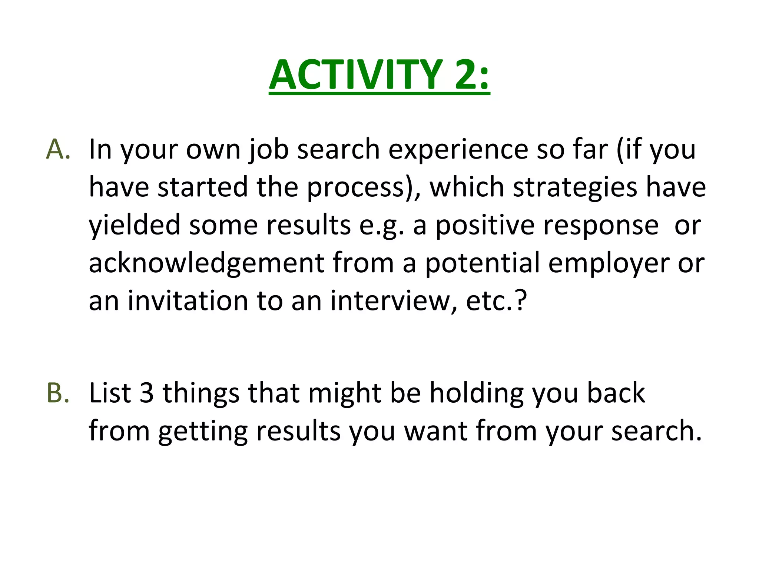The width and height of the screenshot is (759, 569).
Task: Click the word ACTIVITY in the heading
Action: click(x=355, y=75)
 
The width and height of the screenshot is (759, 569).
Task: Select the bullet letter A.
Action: click(x=57, y=149)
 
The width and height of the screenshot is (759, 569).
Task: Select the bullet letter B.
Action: click(x=57, y=393)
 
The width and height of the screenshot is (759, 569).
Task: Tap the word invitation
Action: click(x=188, y=300)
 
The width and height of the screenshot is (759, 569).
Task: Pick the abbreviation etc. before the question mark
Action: click(x=489, y=300)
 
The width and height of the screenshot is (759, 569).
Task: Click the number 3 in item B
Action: click(x=147, y=393)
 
